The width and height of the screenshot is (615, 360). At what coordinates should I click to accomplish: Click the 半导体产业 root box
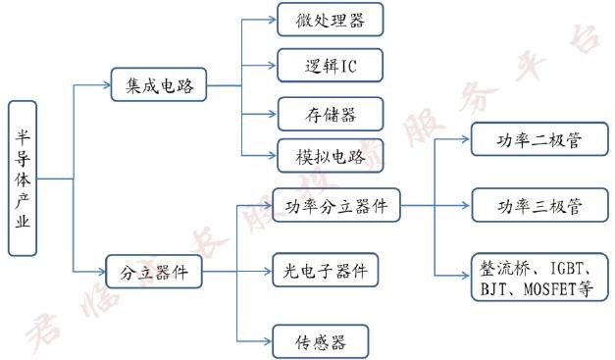coord(22,179)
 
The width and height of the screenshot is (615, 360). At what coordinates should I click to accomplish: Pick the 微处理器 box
coord(317,20)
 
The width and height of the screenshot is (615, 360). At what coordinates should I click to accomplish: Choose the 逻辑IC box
coord(317,66)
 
